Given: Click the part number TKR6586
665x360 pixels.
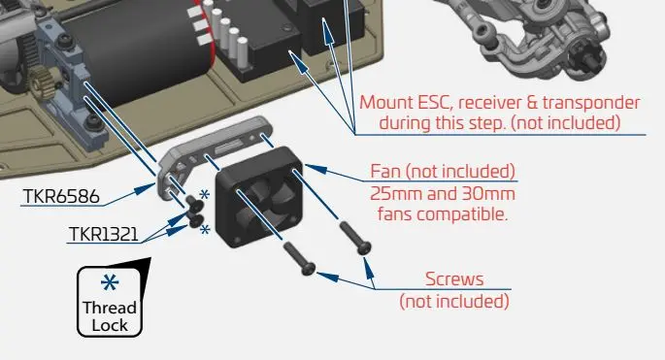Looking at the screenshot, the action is (61, 196).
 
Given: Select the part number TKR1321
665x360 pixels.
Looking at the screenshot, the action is (104, 234).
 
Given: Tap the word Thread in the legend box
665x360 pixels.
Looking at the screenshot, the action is (110, 308).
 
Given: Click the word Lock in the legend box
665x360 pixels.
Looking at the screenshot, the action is (110, 325).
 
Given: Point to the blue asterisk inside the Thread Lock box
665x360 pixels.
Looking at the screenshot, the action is (110, 282).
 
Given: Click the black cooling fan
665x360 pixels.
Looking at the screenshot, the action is (259, 197).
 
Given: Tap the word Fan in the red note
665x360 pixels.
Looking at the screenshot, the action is (385, 172).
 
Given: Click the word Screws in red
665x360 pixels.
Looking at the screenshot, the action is (454, 279).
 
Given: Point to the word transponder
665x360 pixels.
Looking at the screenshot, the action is (591, 103).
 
